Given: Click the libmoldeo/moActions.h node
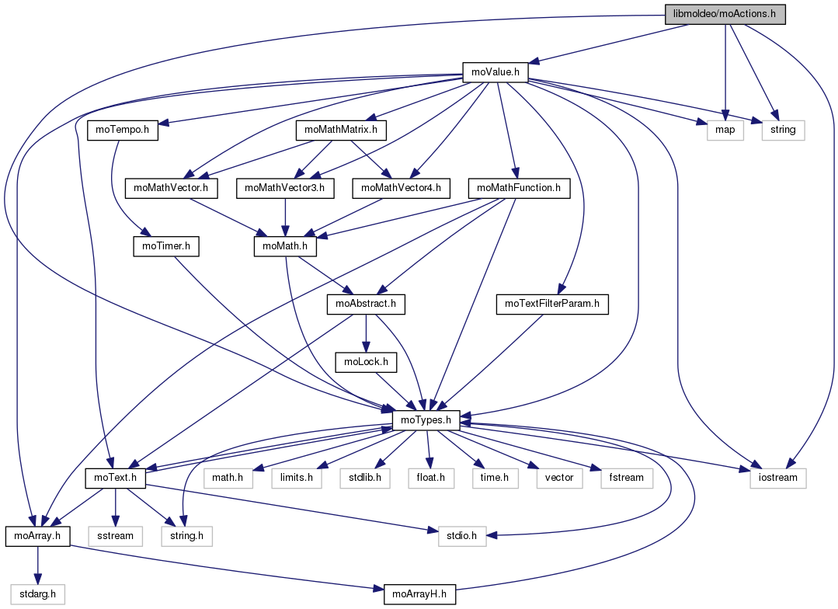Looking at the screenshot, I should (x=725, y=14).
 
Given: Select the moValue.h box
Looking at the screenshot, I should (x=495, y=72).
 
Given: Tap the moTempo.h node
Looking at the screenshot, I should (x=123, y=130).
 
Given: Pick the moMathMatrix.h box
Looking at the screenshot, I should (x=341, y=130).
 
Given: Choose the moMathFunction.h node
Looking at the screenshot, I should (x=519, y=187).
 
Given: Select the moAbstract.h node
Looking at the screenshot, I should (x=367, y=304).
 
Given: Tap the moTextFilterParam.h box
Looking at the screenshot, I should (x=552, y=304).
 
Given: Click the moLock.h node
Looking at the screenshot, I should (x=366, y=361).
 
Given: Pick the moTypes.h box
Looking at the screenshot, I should (x=426, y=419).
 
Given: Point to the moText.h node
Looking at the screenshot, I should (x=115, y=477).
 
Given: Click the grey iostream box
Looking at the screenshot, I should (x=778, y=477).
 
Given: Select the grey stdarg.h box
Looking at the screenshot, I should (x=37, y=594).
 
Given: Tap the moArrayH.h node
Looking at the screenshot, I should (x=419, y=594).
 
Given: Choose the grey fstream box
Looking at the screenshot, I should (x=626, y=477).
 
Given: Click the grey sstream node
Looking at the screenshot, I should (x=116, y=535).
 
